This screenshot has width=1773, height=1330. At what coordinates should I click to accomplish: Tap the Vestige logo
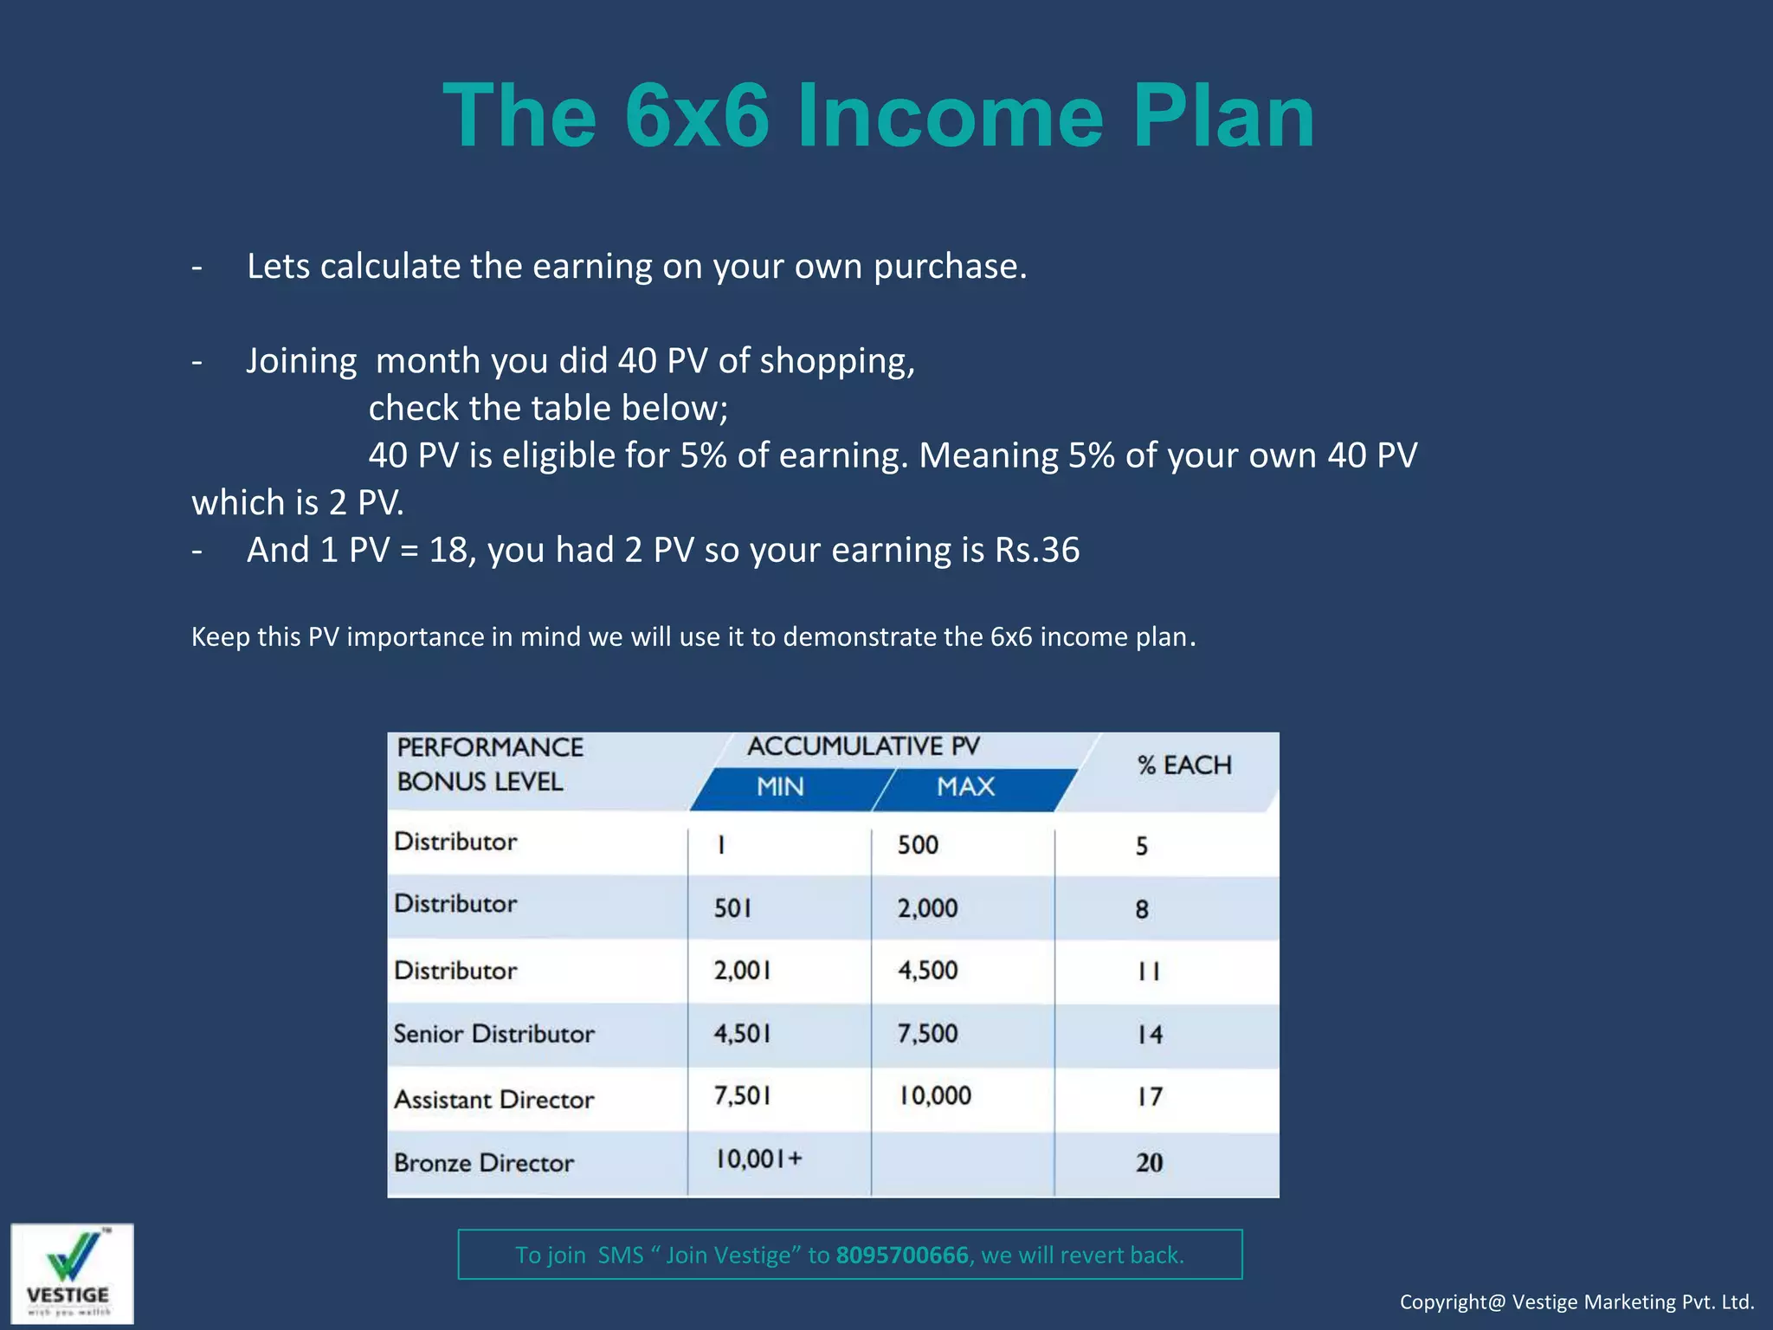(72, 1273)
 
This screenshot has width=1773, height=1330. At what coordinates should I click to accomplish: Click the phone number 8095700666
(902, 1255)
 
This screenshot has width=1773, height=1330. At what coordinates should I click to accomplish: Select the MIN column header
(780, 787)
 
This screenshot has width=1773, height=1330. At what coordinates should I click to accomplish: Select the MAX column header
(965, 787)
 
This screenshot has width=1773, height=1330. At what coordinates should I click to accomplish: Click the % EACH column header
(1183, 765)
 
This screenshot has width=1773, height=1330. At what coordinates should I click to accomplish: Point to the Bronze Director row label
(483, 1163)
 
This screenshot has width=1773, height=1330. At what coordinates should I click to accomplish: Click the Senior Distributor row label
(493, 1034)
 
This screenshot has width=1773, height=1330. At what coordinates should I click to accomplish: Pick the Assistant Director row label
(493, 1100)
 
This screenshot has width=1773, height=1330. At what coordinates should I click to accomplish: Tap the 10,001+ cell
(758, 1159)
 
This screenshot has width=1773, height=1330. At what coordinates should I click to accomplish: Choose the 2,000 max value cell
(927, 908)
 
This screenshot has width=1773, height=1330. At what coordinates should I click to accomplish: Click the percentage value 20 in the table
(1149, 1163)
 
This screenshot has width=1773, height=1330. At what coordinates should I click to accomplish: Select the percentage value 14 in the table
(1149, 1035)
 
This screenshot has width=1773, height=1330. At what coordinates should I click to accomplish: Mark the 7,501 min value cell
(742, 1096)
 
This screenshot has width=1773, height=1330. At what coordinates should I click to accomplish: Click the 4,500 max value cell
(927, 971)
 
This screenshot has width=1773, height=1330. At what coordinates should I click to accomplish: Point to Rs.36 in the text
(1036, 551)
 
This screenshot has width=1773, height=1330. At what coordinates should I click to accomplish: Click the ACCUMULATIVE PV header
(863, 746)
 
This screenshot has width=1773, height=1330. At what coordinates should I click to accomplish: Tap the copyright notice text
(1576, 1302)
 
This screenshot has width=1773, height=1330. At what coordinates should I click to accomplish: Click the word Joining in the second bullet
(301, 361)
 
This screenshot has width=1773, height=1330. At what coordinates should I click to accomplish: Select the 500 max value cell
(918, 845)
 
